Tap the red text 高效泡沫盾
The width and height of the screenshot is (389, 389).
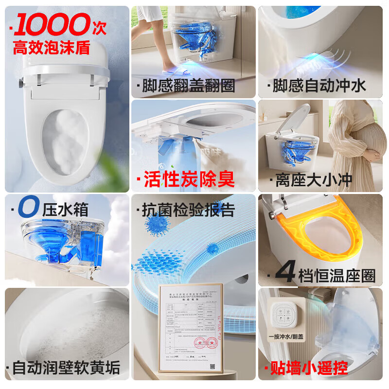click(x=53, y=48)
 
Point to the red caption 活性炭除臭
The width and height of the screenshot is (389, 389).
click(x=189, y=178)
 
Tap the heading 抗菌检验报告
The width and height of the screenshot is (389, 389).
click(x=188, y=210)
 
